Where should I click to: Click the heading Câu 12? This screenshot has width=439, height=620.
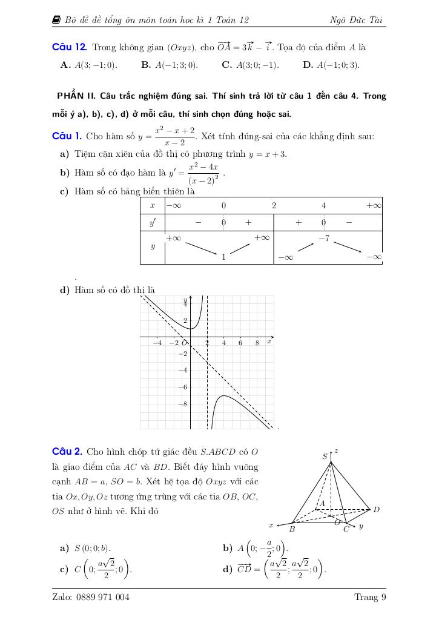coord(70,47)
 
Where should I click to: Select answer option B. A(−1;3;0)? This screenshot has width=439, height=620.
coord(169,65)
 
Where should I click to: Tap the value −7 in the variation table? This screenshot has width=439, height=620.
coord(324,239)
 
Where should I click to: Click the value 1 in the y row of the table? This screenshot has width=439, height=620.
coord(223,257)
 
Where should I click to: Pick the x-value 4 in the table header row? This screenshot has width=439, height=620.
coord(324,205)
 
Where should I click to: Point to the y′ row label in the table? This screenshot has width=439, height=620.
coord(153,222)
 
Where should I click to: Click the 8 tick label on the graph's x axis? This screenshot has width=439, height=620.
coord(257,343)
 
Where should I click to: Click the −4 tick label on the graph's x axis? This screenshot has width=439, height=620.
coord(157,343)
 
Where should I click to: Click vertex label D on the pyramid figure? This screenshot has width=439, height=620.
coord(376,509)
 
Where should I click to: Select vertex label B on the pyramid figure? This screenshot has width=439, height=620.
coord(292,529)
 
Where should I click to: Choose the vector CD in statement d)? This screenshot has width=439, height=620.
coord(244,569)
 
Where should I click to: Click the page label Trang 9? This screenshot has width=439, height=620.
coord(370,598)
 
